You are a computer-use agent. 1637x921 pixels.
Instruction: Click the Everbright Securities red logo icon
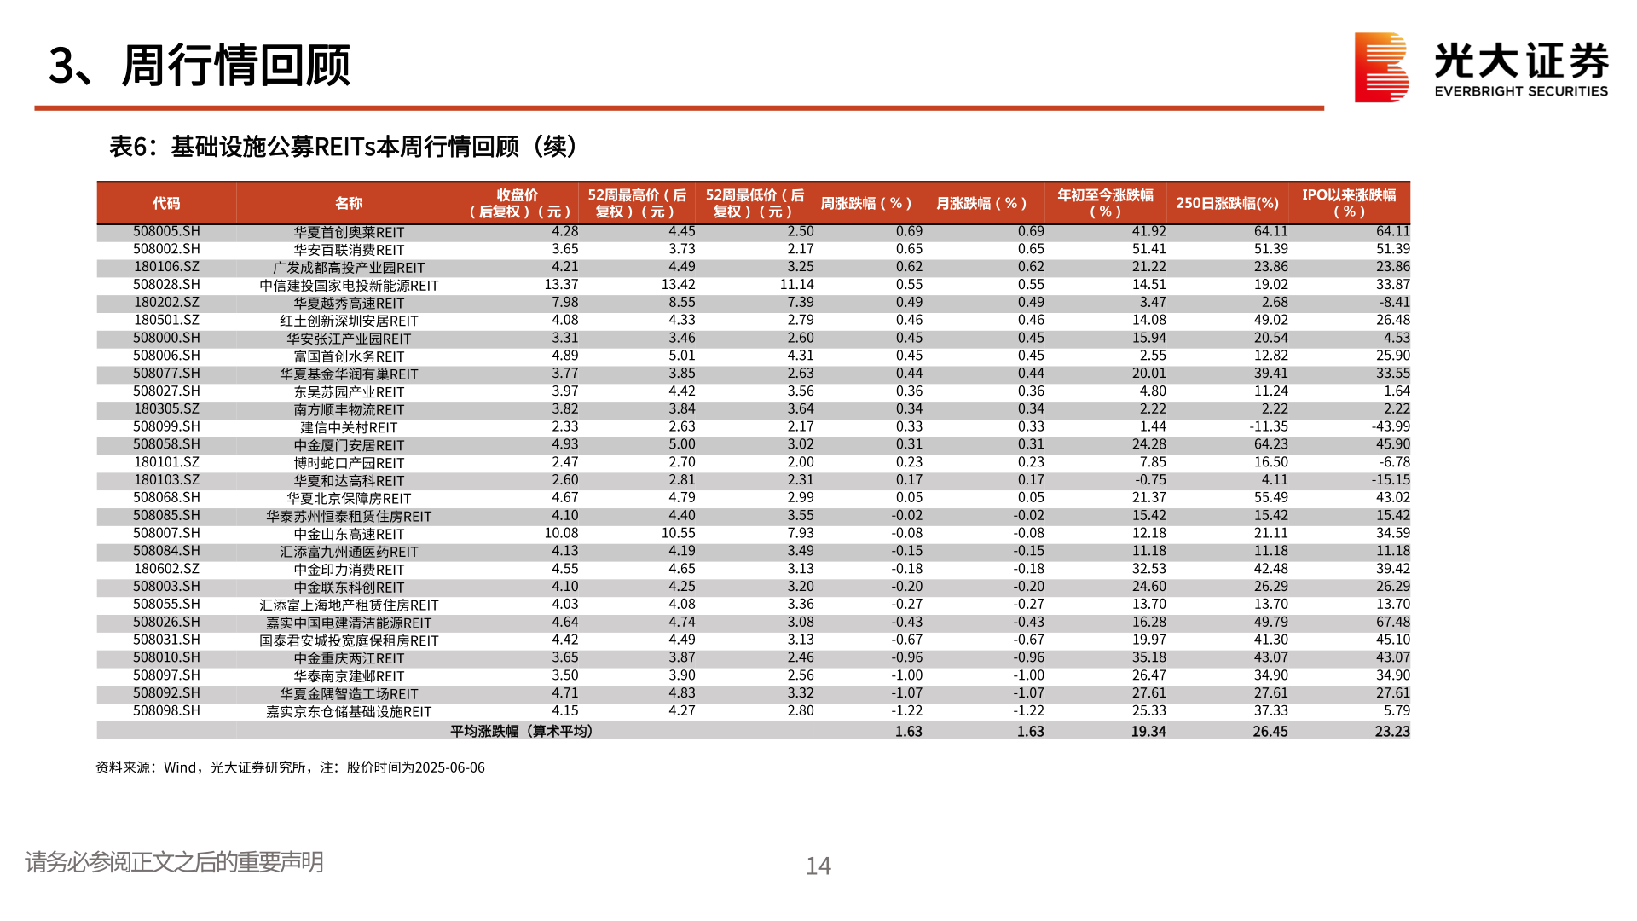coord(1381,67)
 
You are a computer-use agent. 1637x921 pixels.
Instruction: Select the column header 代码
coord(166,203)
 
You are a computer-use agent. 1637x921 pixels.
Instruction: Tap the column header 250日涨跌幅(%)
coord(1227,203)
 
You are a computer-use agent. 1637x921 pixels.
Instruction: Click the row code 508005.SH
coord(166,231)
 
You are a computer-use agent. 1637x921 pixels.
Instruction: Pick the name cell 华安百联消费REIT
coord(349,250)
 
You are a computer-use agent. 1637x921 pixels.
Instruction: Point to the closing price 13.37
coord(561,285)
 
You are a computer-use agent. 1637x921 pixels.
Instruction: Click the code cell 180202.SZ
coord(166,303)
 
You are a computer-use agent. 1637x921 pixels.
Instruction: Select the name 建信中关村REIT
coord(349,427)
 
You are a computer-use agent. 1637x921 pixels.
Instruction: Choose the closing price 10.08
coord(561,533)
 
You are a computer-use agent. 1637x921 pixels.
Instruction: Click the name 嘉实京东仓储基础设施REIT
coord(349,711)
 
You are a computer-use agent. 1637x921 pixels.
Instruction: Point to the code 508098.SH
coord(166,710)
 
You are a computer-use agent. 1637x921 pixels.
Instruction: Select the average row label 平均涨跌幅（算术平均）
coord(521,731)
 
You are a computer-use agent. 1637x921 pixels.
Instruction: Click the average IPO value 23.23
coord(1391,731)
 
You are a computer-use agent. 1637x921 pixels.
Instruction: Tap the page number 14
coord(818,866)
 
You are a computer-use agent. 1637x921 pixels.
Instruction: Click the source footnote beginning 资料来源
coord(290,767)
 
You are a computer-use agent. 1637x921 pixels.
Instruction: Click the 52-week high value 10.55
coord(678,533)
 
